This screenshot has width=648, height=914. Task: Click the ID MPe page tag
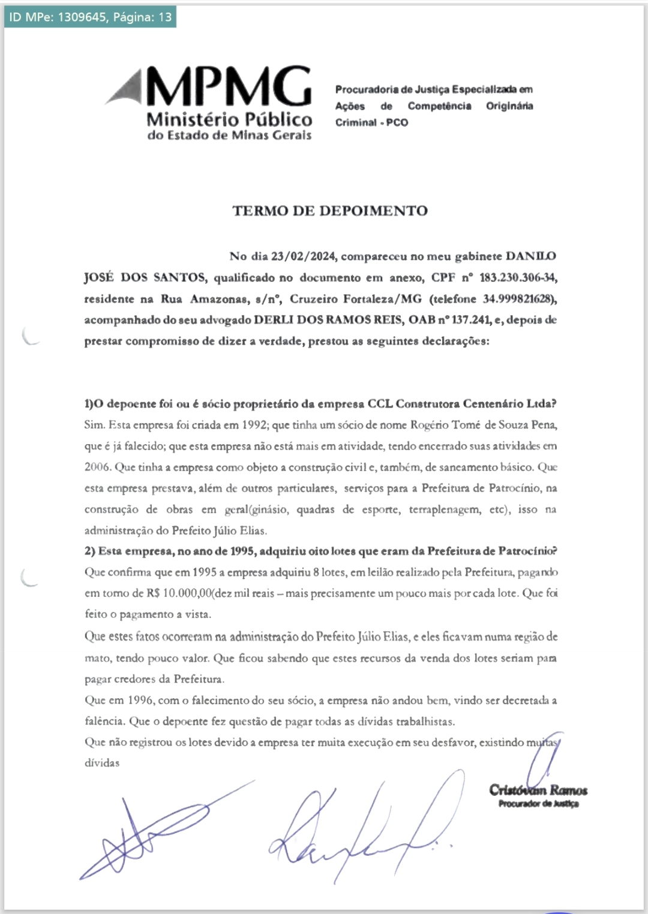pos(91,17)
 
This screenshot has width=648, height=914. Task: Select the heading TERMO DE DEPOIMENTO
pos(330,211)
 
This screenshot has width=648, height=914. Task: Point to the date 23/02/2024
pos(303,257)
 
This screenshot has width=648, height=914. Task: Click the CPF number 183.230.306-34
pos(517,277)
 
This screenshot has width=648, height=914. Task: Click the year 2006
pos(97,467)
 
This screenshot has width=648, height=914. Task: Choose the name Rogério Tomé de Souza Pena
pos(484,425)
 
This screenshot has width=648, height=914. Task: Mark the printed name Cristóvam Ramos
pos(538,790)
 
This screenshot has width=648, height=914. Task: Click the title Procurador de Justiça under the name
pos(538,804)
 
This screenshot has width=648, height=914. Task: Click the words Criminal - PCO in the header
pos(371,122)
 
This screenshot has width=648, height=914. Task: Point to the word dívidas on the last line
pos(102,763)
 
